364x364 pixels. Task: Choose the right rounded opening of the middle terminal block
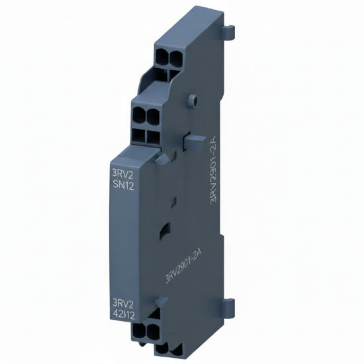153,116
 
